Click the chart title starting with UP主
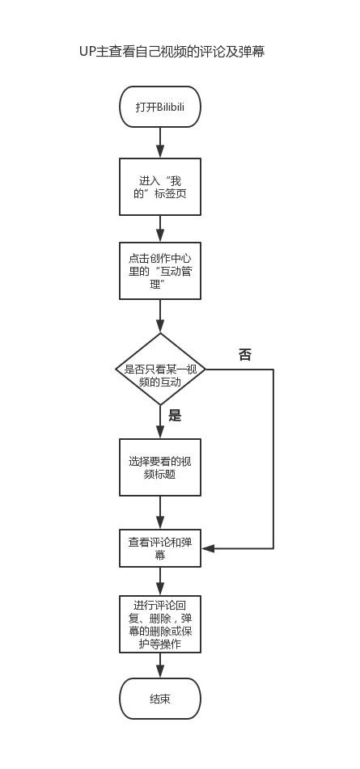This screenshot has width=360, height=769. point(172,52)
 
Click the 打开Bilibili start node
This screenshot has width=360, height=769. point(160,107)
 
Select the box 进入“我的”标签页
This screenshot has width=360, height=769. point(160,187)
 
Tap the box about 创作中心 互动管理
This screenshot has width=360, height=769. point(160,271)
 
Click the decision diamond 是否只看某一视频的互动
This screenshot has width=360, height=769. point(160,370)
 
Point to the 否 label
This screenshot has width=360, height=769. point(244,355)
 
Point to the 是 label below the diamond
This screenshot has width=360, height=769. point(175,416)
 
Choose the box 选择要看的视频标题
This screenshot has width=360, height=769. point(160,467)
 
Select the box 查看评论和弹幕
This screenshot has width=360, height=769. point(160,548)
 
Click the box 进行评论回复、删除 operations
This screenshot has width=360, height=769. point(160,624)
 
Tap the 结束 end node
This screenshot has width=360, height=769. point(160,699)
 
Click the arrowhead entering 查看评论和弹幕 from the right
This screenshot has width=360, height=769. point(208,548)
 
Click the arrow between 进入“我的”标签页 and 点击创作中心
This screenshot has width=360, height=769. point(160,229)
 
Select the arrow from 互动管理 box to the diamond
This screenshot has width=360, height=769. point(160,316)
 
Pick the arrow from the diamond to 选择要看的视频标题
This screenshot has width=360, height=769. point(160,422)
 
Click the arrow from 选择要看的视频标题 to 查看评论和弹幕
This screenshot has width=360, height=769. point(160,513)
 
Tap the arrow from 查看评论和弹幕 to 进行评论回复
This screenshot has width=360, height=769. point(160,581)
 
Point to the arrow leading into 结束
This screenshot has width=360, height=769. point(160,665)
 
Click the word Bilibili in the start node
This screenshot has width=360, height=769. point(172,108)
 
